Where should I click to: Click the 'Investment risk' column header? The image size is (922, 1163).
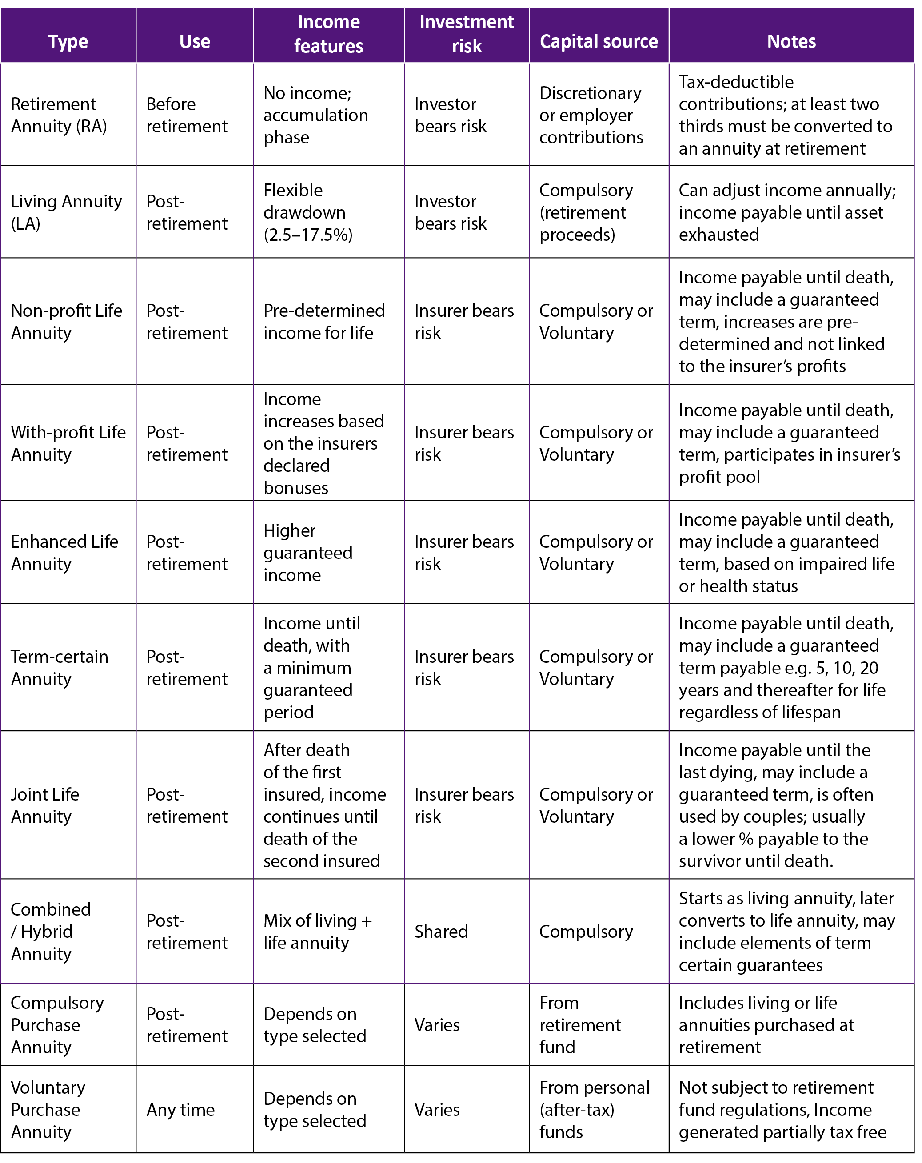point(466,34)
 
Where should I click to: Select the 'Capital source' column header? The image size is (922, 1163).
point(599,42)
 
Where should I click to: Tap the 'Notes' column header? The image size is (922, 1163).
point(791,42)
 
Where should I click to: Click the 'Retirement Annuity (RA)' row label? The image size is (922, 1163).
point(59,115)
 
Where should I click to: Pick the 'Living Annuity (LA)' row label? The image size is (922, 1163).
point(66,212)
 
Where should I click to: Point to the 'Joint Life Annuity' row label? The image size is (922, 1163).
point(45,805)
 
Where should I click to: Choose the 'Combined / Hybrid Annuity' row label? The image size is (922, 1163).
point(50,931)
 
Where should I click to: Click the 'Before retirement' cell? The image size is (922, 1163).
point(186,115)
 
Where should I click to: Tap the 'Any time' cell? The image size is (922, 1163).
point(180,1109)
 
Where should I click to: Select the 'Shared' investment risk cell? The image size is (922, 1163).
point(441,931)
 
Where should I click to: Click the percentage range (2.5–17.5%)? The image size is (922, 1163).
point(307,235)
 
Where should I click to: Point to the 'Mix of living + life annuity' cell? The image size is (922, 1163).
point(317,931)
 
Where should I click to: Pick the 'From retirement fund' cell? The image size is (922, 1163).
point(579,1024)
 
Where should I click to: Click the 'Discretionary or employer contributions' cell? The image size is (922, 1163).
point(591,115)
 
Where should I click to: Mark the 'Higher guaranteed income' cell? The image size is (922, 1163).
point(307,552)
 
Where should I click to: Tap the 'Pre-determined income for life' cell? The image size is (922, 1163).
point(323,322)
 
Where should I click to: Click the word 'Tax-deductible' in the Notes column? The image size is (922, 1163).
point(736,82)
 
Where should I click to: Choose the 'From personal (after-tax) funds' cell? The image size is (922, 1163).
point(594,1109)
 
